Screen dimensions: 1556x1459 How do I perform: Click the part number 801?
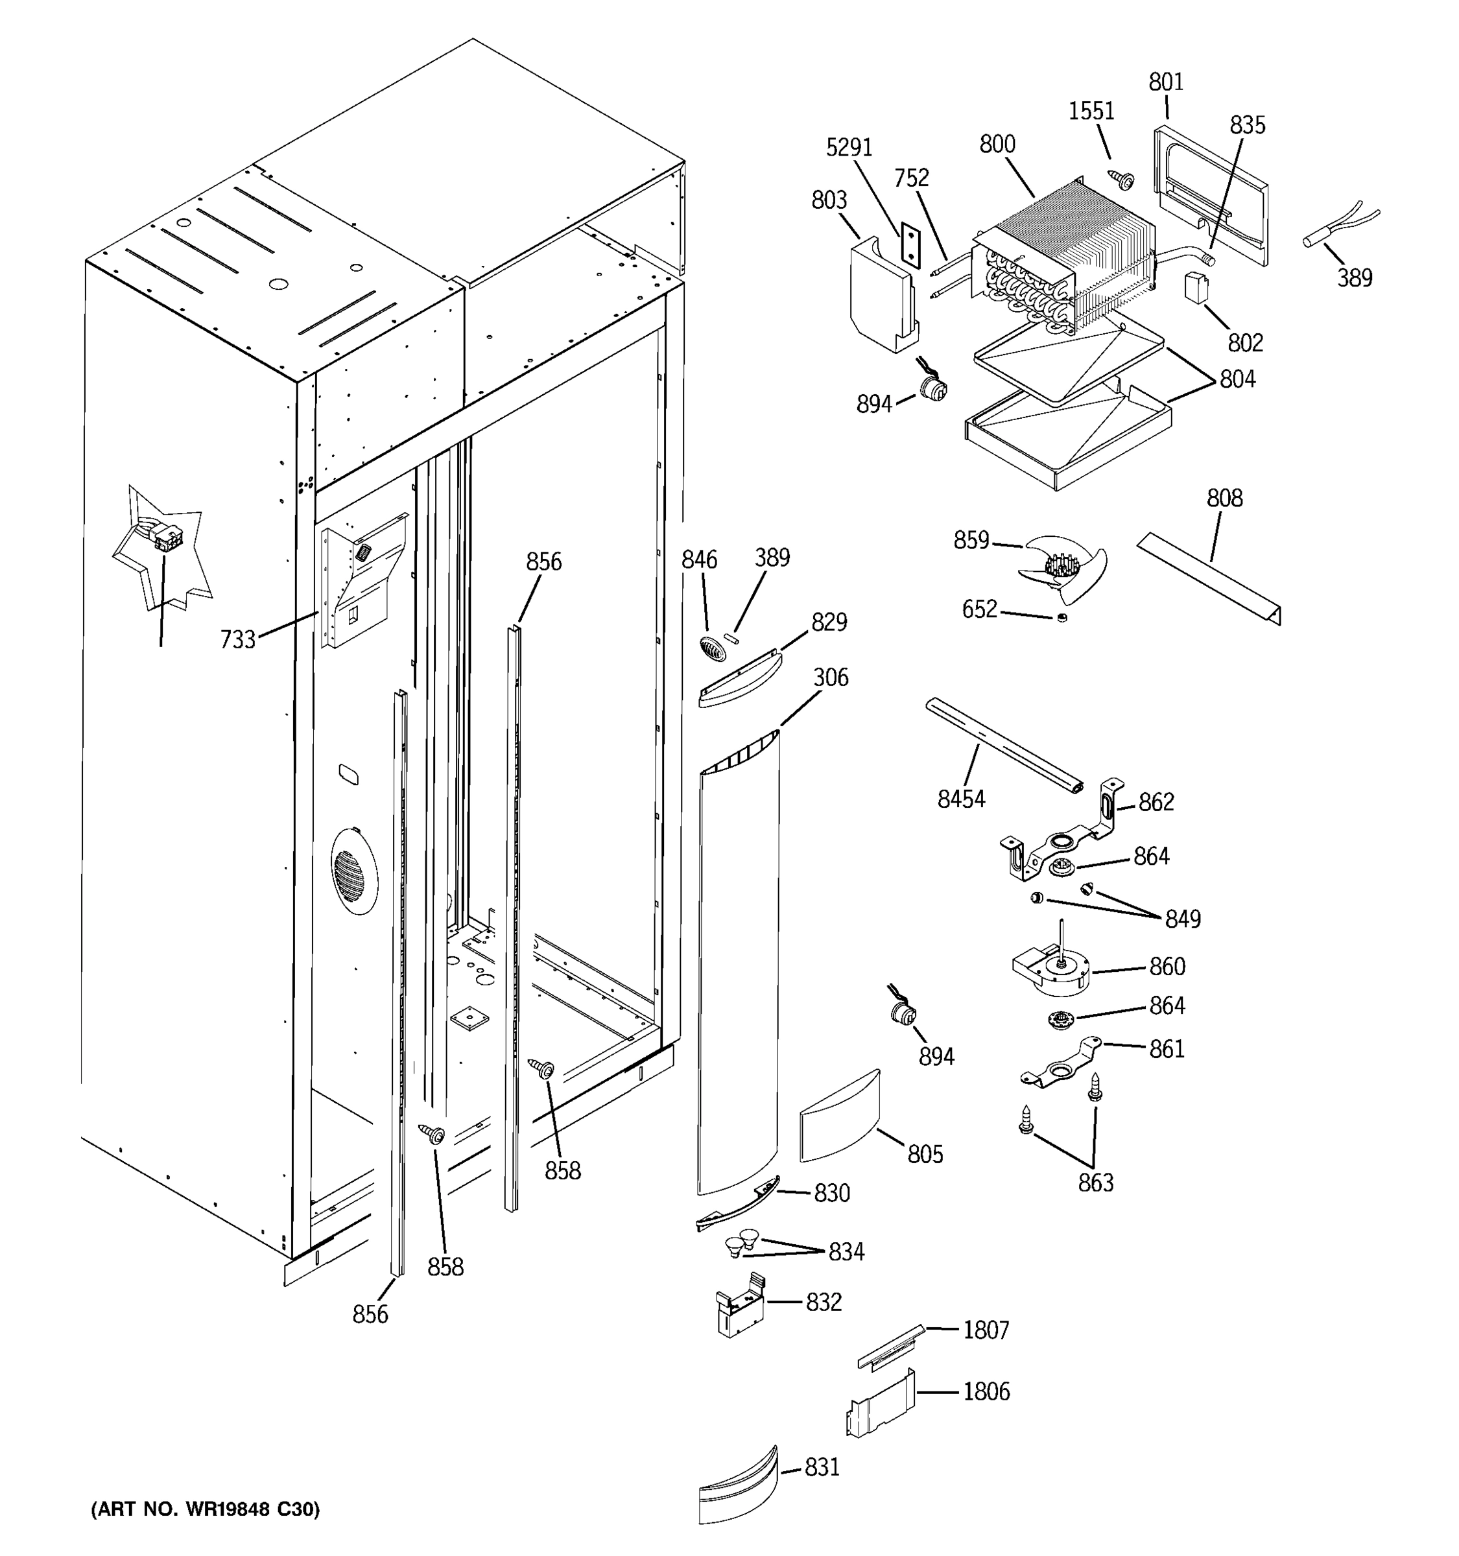pos(1165,82)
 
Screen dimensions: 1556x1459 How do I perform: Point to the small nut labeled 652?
pos(1062,619)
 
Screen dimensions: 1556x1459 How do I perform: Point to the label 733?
pos(237,639)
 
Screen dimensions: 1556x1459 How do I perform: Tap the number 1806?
pos(986,1391)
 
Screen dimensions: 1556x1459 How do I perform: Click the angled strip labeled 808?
pos(1209,578)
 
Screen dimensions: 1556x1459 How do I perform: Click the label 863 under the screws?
pos(1095,1183)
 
